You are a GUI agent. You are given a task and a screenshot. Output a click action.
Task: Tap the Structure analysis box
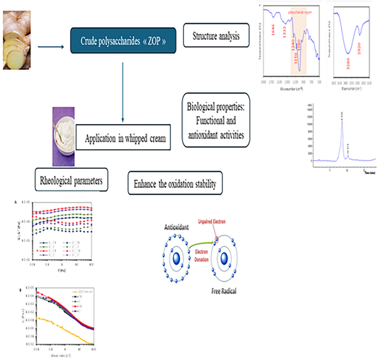click(216, 37)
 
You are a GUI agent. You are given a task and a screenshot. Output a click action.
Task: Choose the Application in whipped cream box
click(128, 138)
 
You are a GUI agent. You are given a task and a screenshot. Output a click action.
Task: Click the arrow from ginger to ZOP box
click(52, 47)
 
